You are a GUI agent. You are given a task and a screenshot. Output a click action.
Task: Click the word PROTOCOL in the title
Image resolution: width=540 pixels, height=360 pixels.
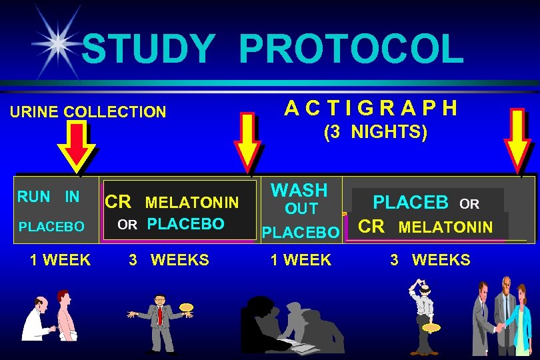pyautogui.click(x=350, y=49)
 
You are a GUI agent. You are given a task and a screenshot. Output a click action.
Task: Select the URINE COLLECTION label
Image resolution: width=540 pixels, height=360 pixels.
pyautogui.click(x=87, y=112)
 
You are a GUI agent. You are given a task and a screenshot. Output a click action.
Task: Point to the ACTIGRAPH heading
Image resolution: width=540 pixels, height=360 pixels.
pyautogui.click(x=371, y=107)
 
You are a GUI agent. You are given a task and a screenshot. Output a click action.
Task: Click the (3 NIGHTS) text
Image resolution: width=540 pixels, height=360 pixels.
pyautogui.click(x=375, y=132)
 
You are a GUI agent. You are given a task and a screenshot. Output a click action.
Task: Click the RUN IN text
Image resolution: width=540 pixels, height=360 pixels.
pyautogui.click(x=48, y=197)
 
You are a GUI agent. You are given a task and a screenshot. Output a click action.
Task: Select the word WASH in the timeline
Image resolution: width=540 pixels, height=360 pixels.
pyautogui.click(x=299, y=190)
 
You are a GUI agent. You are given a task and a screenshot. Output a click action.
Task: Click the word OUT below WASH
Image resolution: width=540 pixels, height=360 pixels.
pyautogui.click(x=301, y=209)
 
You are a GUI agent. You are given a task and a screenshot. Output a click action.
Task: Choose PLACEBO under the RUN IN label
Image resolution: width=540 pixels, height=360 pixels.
pyautogui.click(x=51, y=227)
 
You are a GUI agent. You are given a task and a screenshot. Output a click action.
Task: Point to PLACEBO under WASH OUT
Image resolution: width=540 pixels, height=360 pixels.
pyautogui.click(x=301, y=233)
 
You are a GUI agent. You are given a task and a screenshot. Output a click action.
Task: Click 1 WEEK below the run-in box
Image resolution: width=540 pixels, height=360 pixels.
pyautogui.click(x=60, y=260)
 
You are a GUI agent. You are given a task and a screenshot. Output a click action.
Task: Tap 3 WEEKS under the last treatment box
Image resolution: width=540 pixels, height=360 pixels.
pyautogui.click(x=430, y=260)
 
